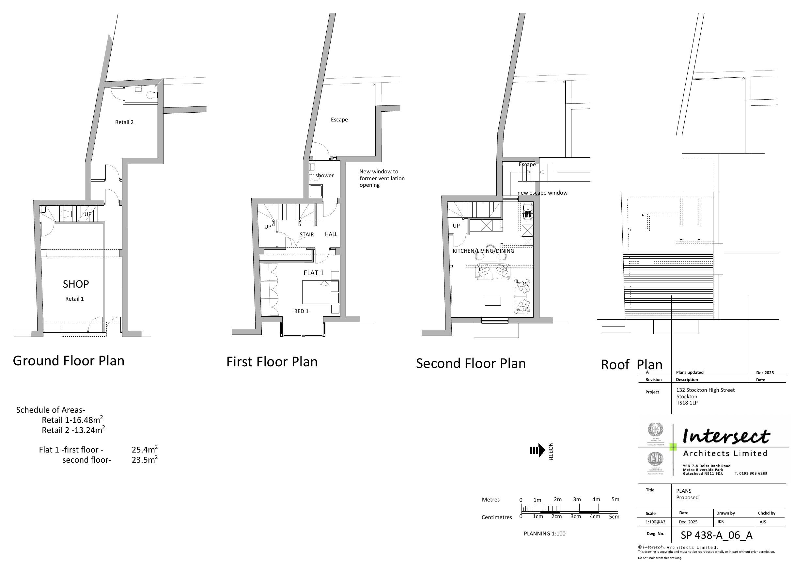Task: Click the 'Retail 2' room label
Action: coord(124,122)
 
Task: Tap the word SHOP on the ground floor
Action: coord(76,284)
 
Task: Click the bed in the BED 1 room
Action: coord(317,292)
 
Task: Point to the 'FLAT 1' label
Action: coord(313,273)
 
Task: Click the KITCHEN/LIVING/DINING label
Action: coord(483,251)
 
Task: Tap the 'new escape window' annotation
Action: coord(542,193)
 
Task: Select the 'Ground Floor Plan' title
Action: coord(69,361)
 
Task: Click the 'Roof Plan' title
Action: coord(631,365)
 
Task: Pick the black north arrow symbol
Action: coord(537,451)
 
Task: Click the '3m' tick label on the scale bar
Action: coord(577,499)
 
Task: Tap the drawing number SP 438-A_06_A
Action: coord(717,535)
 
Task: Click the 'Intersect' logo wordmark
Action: coord(726,437)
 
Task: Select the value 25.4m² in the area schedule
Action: coord(144,450)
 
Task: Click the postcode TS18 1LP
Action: coord(687,403)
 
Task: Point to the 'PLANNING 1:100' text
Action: coord(544,533)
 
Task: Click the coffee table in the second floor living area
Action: coord(492,301)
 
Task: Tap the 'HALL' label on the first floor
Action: coord(331,234)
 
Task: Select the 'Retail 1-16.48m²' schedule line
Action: coord(72,420)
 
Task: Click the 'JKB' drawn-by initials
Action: coord(720,521)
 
